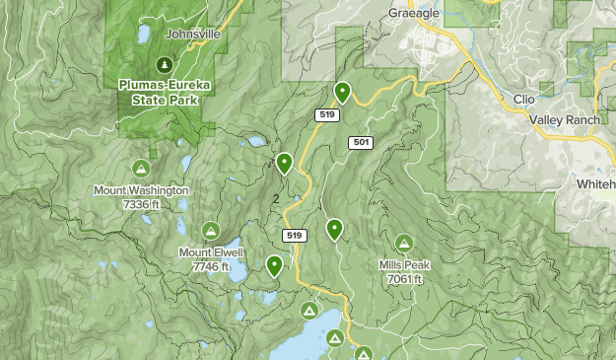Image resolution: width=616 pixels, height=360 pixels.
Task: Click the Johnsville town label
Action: (x=193, y=33)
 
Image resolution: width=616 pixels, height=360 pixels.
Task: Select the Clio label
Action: (x=523, y=100)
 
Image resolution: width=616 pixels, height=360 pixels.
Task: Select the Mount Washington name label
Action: (x=142, y=190)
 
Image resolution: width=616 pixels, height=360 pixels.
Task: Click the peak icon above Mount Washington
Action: (x=142, y=168)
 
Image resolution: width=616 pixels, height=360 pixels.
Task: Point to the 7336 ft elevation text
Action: (x=142, y=203)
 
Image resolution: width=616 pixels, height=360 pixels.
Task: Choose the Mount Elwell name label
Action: (x=210, y=252)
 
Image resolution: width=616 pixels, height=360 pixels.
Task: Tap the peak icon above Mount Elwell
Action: (x=210, y=231)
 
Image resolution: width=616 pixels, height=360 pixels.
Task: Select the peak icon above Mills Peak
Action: (x=404, y=243)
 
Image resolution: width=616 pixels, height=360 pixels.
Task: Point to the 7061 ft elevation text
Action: (x=404, y=278)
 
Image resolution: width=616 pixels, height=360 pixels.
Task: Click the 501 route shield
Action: (x=361, y=143)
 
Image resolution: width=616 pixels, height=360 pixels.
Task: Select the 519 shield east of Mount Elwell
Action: (x=293, y=235)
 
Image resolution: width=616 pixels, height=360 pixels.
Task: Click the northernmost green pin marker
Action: (x=342, y=92)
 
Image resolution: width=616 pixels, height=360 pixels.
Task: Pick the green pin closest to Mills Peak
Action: (x=334, y=229)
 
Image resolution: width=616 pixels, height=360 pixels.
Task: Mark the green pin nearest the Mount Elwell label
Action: (x=274, y=264)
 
